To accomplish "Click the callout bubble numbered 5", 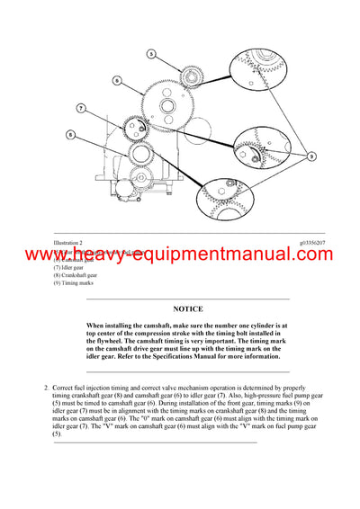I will [151, 55].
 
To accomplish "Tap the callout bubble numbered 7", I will [80, 108].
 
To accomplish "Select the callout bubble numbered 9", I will [310, 156].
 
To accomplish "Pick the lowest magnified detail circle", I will [227, 198].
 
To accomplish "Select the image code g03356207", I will [316, 243].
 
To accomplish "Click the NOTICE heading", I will [188, 308].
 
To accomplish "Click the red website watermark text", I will [180, 255].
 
